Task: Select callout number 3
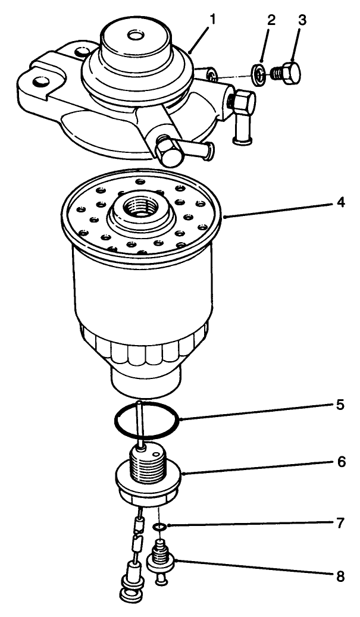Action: [303, 20]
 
